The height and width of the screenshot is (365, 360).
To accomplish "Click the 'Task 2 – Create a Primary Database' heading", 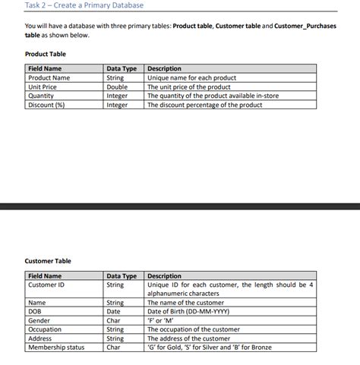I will pos(84,6).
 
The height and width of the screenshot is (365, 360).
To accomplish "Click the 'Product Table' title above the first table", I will pos(46,54).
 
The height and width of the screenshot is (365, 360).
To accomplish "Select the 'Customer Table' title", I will pos(48,261).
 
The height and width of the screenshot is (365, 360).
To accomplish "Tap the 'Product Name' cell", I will pos(49,77).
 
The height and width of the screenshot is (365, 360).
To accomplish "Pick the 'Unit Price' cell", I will pos(43,87).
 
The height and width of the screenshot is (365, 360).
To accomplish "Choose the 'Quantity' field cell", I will pos(41,96).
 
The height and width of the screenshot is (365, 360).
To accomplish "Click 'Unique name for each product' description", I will pos(191,77).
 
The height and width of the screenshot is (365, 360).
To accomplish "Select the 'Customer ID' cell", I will pos(46,285).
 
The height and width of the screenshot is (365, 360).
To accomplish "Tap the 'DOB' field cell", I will pos(34,311).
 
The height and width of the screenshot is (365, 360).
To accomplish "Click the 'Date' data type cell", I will pos(114,311).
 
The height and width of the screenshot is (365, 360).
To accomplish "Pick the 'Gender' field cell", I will pos(39,320).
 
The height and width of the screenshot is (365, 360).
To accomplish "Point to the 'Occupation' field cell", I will pos(45,329).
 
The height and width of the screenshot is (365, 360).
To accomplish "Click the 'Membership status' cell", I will pos(56,348).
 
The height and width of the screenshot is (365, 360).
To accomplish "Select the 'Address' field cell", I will pos(40,338).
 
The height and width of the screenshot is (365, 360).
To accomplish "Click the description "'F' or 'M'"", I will pos(163,320).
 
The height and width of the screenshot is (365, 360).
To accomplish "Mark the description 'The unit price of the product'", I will pos(189,87).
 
